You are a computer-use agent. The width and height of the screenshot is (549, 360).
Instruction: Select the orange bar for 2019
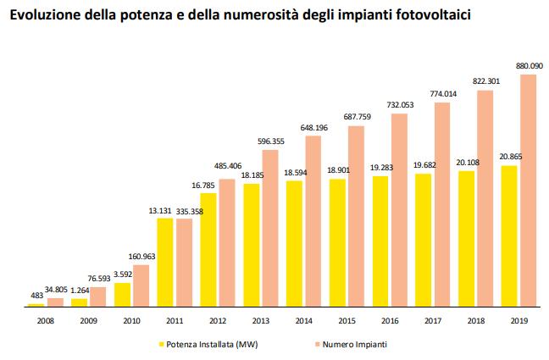[528, 190]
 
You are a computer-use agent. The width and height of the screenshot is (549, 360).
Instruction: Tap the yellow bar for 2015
[337, 242]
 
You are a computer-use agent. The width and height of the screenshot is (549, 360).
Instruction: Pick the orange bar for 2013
[270, 227]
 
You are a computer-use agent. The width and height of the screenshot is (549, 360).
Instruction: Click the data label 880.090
[528, 64]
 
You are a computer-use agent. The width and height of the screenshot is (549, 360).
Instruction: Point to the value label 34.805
[56, 291]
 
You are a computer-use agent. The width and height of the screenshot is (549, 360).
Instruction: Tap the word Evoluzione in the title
[44, 14]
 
